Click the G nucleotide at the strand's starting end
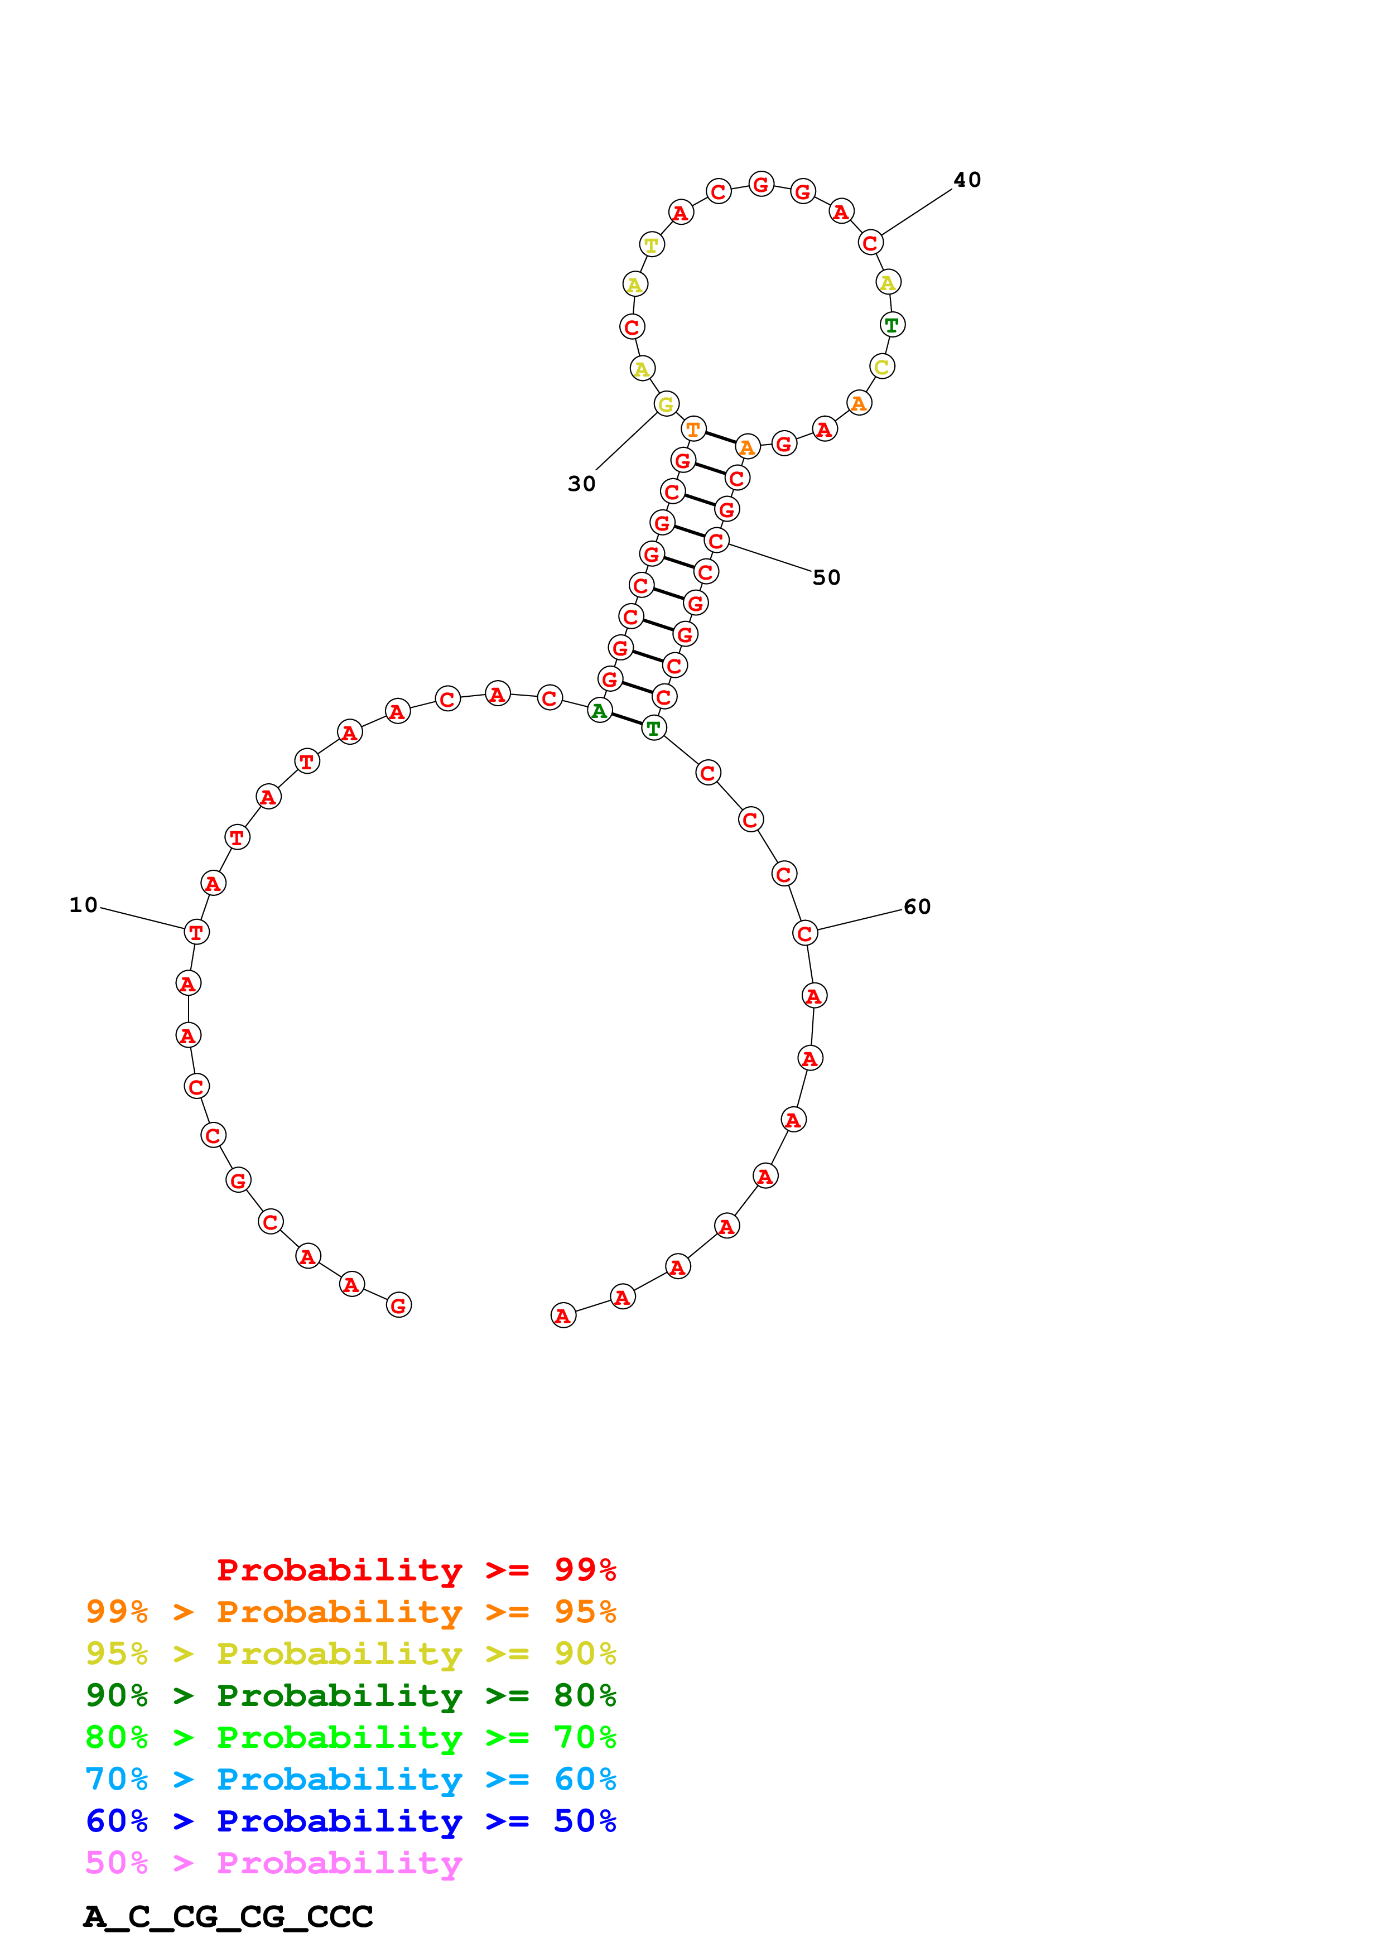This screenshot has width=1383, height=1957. click(398, 1305)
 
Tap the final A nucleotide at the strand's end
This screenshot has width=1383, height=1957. click(562, 1315)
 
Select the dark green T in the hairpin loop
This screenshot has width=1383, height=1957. click(892, 325)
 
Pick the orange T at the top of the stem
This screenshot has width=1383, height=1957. click(693, 430)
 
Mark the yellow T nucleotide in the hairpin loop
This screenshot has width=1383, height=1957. click(651, 244)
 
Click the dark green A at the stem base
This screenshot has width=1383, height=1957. click(599, 711)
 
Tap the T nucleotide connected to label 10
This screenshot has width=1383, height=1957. click(196, 932)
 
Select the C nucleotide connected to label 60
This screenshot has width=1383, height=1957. click(804, 933)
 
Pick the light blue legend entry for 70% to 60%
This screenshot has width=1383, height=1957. click(350, 1779)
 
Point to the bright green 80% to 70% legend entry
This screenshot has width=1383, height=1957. click(350, 1737)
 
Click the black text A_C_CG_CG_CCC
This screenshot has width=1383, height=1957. click(228, 1917)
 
